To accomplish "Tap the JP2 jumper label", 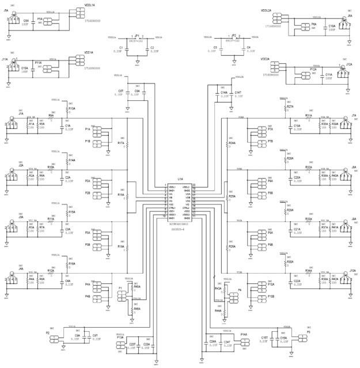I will tap(233, 35).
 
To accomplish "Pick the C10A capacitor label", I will tap(332, 26).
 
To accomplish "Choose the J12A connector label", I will tap(348, 65).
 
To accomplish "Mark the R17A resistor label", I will tap(121, 143).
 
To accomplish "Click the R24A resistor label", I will tap(232, 143).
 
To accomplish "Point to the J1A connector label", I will tap(21, 114).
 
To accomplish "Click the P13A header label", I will tap(120, 337).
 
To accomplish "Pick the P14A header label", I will tap(244, 334).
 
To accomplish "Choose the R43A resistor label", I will tap(218, 288).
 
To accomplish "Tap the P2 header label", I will tap(48, 332).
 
